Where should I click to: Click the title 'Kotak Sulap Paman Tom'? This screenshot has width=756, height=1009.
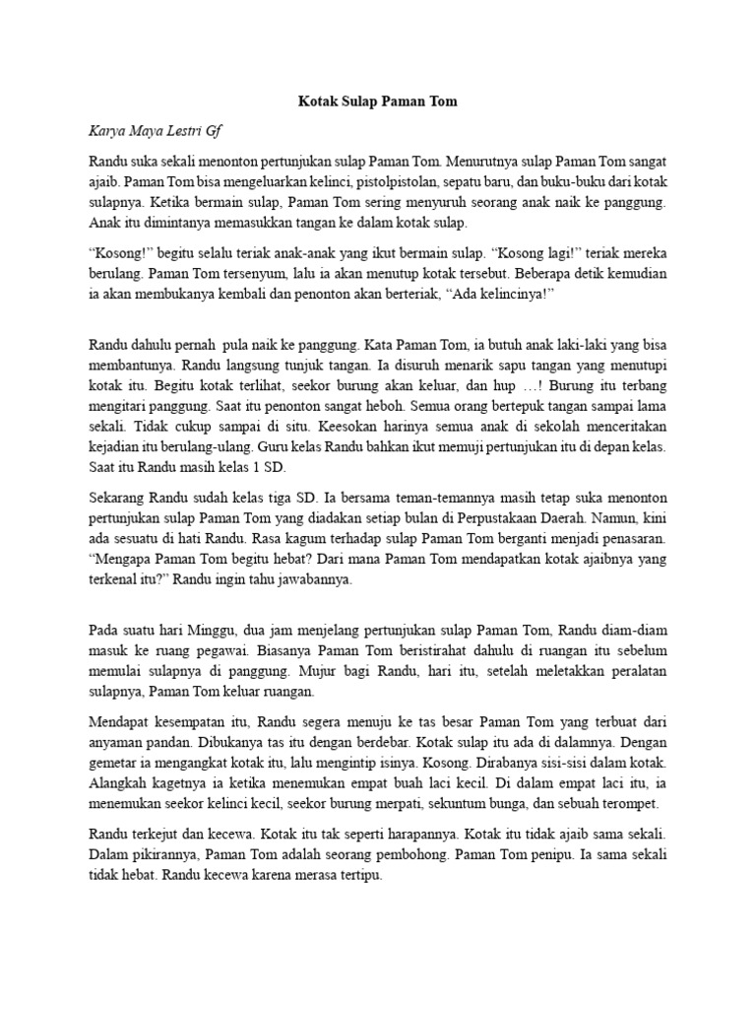click(378, 101)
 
